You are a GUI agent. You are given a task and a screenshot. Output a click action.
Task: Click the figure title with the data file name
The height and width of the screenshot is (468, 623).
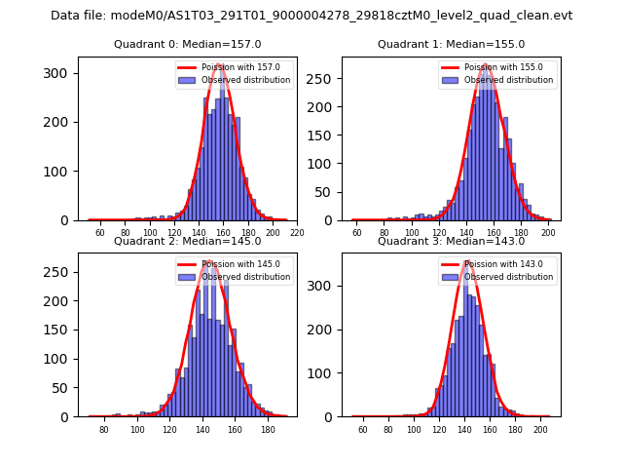tap(311, 16)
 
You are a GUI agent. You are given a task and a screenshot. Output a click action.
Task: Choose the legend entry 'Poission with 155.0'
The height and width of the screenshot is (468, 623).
tap(498, 67)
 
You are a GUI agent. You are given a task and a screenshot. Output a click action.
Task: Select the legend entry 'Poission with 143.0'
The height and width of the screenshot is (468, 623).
tap(498, 264)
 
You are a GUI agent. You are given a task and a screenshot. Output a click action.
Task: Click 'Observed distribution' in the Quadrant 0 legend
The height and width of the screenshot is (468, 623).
tap(245, 80)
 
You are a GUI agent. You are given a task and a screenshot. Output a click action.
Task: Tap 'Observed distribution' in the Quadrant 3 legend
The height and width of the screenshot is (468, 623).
tap(508, 277)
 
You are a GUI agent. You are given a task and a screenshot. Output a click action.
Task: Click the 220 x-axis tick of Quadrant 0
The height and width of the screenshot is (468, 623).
tap(297, 233)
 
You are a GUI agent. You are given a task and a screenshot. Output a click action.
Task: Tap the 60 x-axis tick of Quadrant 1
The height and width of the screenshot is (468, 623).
tap(357, 233)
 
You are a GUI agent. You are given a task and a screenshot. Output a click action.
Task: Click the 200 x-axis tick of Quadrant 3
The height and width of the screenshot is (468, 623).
tap(540, 430)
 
